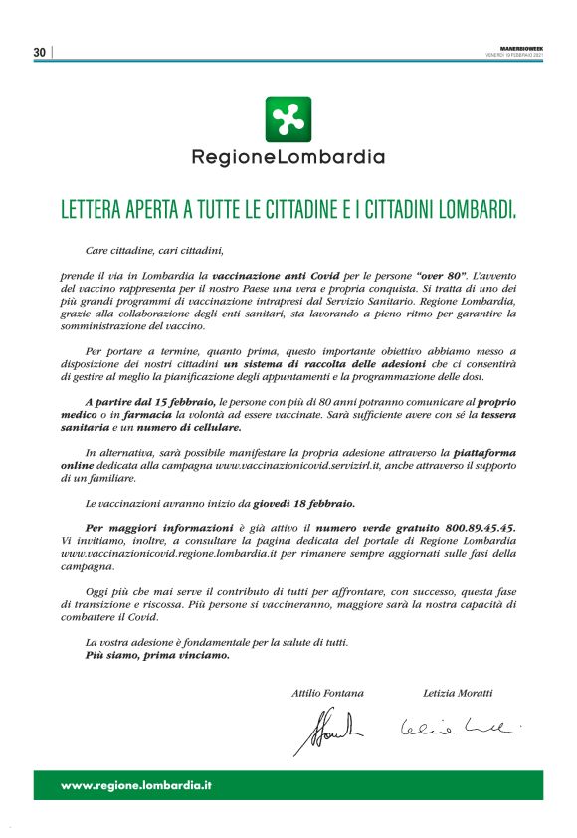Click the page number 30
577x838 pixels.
point(40,52)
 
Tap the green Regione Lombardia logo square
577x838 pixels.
point(288,119)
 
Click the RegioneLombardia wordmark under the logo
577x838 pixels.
point(288,157)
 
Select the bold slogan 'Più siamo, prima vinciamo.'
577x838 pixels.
point(157,656)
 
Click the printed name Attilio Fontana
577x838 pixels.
point(327,692)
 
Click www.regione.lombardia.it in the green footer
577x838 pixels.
point(136,785)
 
